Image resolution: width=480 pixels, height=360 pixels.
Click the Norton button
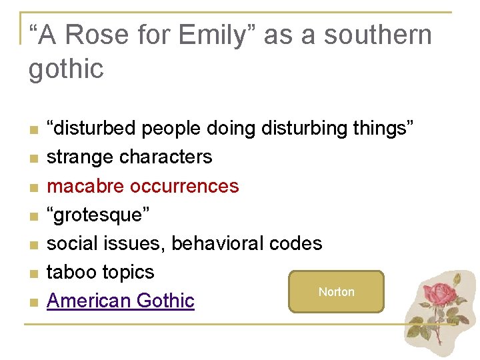point(336,292)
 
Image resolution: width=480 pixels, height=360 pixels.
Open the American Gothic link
point(121,301)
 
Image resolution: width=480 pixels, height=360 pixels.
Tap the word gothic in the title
point(66,69)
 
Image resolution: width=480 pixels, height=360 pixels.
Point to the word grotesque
point(99,215)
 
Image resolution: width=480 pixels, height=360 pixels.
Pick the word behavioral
point(218,243)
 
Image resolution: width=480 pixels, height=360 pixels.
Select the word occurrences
point(184,186)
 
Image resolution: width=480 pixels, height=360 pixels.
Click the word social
point(73,243)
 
